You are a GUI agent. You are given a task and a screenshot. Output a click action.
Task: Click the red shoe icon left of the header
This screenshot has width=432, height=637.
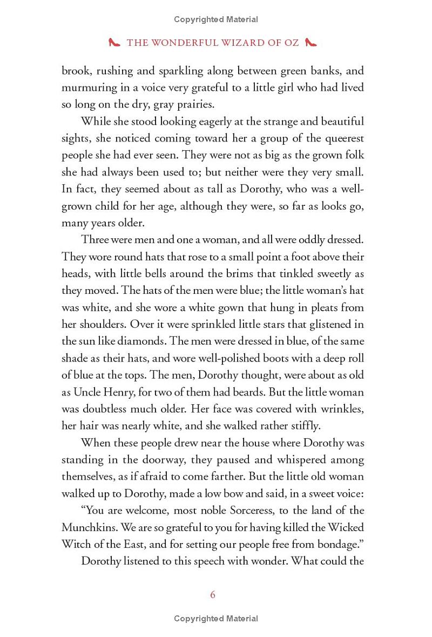tap(114, 42)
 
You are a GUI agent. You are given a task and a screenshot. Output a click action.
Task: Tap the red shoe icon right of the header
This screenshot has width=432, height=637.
tap(311, 42)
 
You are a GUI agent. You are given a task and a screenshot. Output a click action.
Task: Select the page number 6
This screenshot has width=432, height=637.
tap(213, 594)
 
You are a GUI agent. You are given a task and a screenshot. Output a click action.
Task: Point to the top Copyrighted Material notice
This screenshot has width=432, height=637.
tap(216, 19)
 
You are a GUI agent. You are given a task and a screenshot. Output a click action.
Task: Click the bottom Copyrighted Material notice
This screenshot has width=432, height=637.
tap(216, 619)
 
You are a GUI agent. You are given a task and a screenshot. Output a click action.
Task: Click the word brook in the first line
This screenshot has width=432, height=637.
tap(76, 71)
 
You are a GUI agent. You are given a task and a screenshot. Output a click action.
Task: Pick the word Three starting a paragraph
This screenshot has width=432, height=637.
tap(96, 240)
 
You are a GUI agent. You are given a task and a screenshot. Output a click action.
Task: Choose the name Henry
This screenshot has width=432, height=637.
tap(120, 392)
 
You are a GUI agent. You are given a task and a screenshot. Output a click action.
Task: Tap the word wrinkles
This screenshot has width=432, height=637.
tap(339, 408)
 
